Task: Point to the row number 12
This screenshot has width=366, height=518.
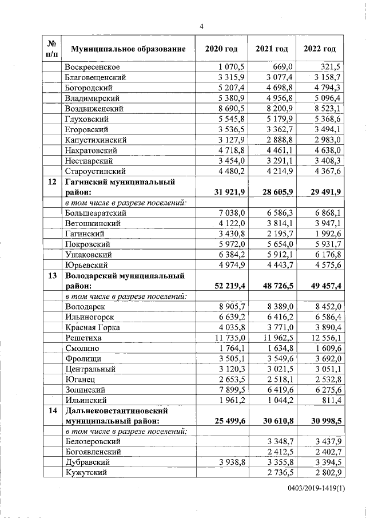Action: (52, 181)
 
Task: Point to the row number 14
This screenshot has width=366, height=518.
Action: (52, 410)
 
